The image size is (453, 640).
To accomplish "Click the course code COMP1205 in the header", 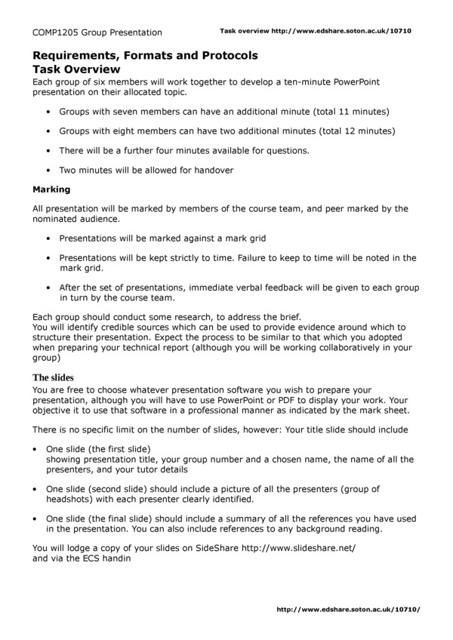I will [x=57, y=32].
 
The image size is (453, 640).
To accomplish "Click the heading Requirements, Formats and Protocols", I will [x=145, y=56].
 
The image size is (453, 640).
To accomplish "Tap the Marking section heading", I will [x=51, y=189].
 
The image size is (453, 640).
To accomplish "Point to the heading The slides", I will [x=53, y=377].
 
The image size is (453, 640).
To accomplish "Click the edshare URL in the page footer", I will [x=348, y=608].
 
